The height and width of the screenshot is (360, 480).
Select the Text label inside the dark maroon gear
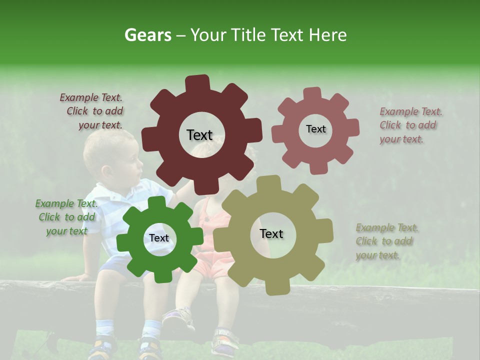[199, 135]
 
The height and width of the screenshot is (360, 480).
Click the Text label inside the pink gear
[315, 129]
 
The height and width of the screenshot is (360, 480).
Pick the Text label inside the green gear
[159, 238]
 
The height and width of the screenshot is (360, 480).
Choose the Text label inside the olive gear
[271, 233]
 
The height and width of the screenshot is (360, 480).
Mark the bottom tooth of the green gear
[159, 275]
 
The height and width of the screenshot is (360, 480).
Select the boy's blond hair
[102, 145]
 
